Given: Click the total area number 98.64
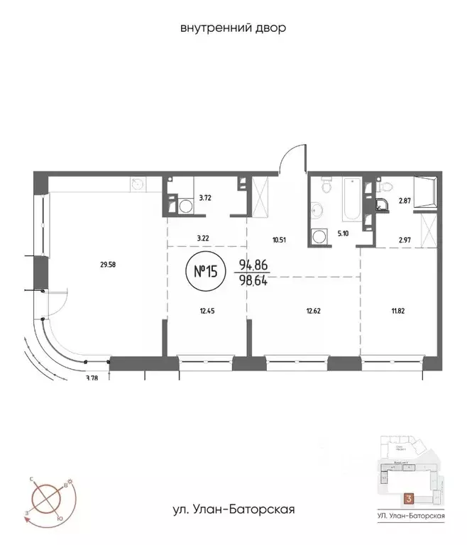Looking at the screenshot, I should click(x=254, y=279).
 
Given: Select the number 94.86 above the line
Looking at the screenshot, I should click(x=254, y=264).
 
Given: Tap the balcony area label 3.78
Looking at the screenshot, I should click(x=92, y=378).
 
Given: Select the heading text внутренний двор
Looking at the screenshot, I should click(x=233, y=28).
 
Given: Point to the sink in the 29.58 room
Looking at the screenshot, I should click(x=137, y=185).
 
